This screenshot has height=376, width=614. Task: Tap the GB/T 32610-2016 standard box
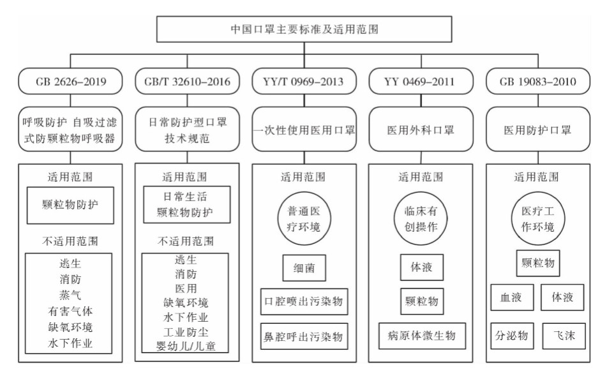187,81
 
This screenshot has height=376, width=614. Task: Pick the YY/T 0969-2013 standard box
304,81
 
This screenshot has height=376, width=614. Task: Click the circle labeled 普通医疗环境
304,220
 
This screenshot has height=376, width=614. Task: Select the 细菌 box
304,269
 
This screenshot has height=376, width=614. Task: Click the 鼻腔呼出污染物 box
304,335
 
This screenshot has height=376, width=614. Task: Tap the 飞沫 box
565,335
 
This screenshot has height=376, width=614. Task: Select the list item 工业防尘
185,332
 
